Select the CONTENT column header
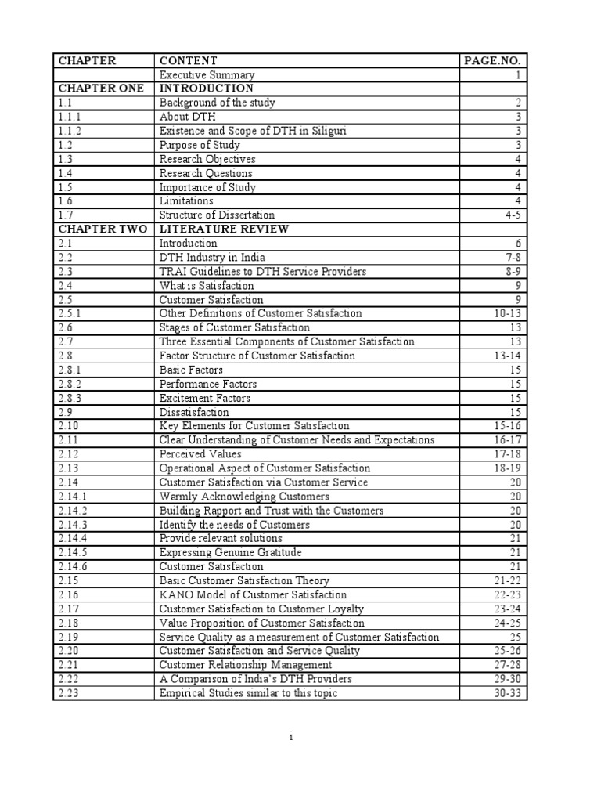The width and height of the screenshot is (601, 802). tap(189, 60)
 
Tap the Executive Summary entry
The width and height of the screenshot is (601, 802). tap(207, 74)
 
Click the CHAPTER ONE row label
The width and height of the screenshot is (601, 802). tap(99, 89)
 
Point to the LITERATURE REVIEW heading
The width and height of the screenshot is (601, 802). tap(224, 229)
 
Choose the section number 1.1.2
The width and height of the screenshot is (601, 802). tap(70, 131)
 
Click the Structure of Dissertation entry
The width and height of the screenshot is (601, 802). tap(217, 215)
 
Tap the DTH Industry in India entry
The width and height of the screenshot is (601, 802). tap(212, 257)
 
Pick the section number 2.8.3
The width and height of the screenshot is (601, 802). tap(70, 398)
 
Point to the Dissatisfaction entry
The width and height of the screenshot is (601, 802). tap(194, 412)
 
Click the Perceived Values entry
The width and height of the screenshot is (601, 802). tap(200, 453)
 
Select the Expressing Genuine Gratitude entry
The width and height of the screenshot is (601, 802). tap(230, 552)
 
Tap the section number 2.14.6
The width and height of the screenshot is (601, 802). tap(73, 566)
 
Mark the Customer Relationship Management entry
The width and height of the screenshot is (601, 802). tap(245, 665)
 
